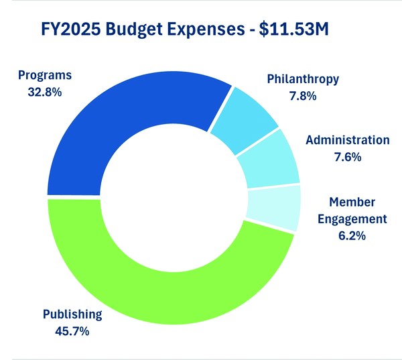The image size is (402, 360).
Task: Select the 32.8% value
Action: tap(45, 93)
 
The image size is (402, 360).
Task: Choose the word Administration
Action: tap(347, 141)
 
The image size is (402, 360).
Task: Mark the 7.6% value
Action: tap(347, 157)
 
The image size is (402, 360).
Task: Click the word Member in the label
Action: tap(352, 202)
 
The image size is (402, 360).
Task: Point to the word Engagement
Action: tap(352, 219)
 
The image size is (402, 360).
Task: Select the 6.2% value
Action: tap(352, 235)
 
